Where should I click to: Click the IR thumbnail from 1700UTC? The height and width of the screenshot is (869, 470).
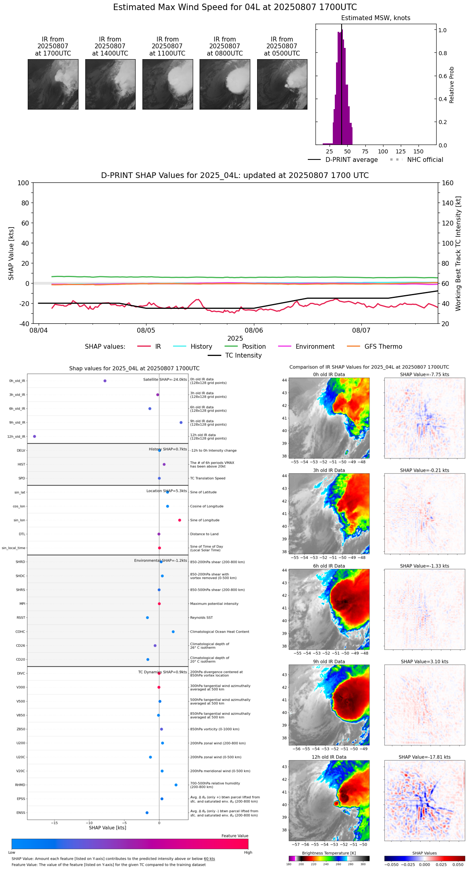pos(53,84)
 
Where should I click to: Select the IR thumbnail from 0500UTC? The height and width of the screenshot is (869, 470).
pos(282,84)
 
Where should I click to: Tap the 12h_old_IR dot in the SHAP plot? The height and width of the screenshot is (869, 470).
pos(34,436)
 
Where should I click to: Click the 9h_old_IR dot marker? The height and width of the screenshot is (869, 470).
pos(181,422)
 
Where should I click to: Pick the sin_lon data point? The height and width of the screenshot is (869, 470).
pos(179,520)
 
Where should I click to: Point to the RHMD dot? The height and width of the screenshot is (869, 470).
pos(176,784)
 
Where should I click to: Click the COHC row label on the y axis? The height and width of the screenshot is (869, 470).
pos(20,631)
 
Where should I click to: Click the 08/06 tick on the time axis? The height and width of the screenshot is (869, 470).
pos(254,330)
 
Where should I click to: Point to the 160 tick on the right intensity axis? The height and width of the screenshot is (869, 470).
pos(447,183)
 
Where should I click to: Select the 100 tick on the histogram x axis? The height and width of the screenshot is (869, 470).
pos(383,151)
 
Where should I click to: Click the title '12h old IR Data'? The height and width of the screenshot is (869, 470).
pos(329,757)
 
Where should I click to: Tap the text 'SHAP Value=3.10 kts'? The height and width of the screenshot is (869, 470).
pos(424,661)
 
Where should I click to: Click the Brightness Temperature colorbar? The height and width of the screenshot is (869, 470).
pos(329,859)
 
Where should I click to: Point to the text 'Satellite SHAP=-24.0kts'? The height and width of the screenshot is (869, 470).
pos(165,379)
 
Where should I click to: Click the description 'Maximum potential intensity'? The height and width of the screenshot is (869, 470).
pos(214,604)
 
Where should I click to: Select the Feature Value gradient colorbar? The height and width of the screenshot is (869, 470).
pos(130,844)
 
